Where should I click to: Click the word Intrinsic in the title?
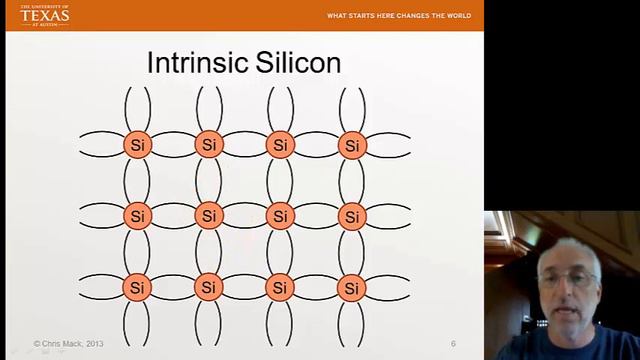(196, 63)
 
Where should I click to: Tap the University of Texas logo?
(44, 14)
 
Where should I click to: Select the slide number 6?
(453, 344)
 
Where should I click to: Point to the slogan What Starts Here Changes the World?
(399, 16)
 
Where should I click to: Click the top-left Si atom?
(137, 145)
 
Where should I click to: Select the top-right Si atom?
(351, 145)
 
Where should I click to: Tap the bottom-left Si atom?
(137, 288)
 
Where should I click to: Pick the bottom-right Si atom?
(351, 288)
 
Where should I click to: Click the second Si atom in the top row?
(208, 145)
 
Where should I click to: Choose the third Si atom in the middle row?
(280, 216)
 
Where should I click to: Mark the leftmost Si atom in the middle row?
(137, 216)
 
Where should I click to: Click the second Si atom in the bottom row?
(208, 288)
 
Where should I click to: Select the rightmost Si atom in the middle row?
(351, 216)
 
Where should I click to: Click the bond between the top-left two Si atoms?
(173, 145)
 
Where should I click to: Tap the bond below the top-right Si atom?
(351, 181)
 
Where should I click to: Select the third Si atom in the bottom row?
(280, 288)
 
